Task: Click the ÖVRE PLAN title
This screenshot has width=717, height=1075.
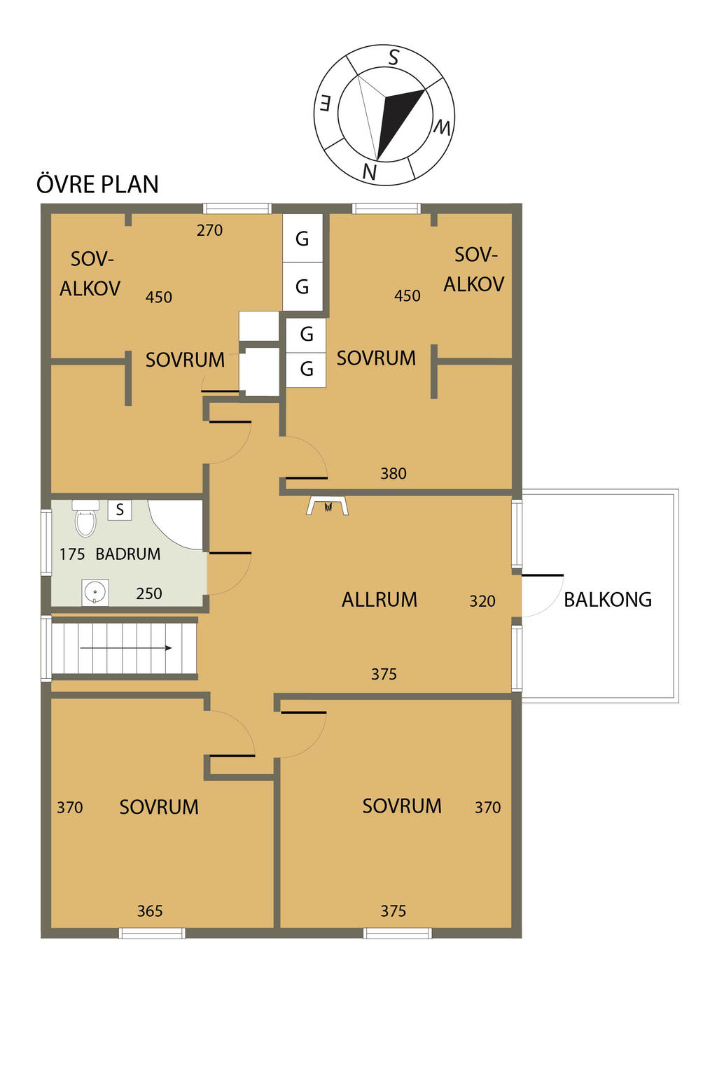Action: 97,184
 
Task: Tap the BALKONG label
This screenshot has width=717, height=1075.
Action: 608,600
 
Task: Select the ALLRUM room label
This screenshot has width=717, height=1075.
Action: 380,600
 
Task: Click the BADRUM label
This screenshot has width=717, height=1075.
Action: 128,554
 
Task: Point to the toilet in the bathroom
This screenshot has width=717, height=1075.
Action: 85,519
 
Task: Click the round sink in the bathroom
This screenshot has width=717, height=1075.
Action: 95,592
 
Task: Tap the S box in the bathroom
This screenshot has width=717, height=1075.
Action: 120,510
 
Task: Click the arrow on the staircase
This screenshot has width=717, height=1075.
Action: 126,648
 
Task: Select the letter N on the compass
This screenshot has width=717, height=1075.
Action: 369,171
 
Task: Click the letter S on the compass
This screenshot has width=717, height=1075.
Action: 394,57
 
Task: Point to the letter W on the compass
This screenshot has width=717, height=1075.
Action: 442,127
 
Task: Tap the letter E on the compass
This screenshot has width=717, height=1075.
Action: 325,104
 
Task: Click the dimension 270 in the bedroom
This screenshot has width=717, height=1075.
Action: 209,230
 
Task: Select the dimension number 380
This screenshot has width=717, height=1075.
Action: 394,474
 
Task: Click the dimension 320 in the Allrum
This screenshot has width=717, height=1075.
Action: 482,601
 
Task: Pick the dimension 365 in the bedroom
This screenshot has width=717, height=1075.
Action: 150,911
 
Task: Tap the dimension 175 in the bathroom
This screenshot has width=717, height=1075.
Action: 72,554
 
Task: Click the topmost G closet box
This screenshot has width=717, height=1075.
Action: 302,238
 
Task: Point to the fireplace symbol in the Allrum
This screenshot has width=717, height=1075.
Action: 328,506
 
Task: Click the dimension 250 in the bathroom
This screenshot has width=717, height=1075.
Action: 149,593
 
